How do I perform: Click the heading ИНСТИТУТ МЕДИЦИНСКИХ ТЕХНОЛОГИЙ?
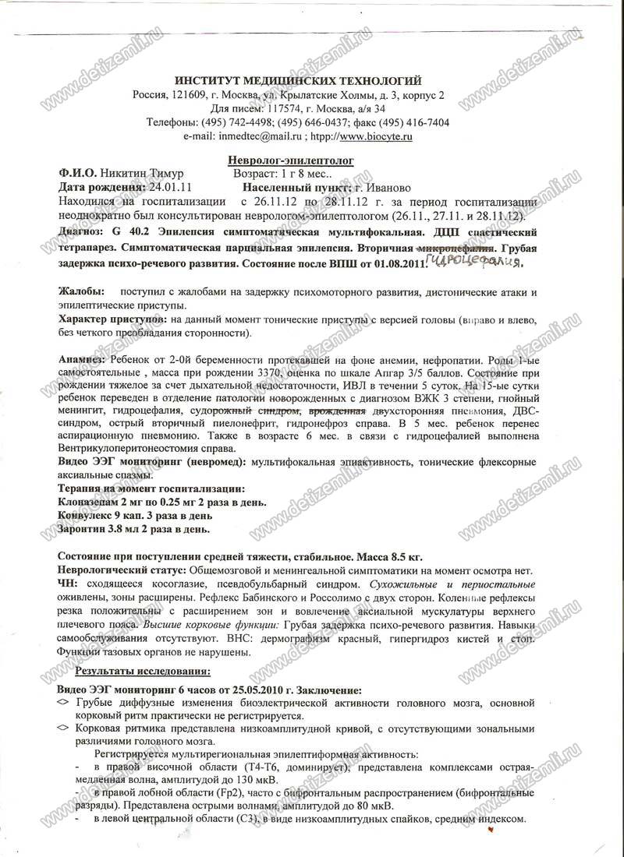pos(298,80)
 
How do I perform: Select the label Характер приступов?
pos(112,319)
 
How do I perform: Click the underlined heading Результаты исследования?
pos(143,671)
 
